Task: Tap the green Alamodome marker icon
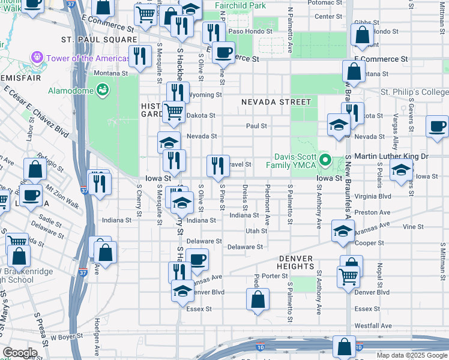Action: point(103,91)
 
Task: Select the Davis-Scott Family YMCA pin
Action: point(325,160)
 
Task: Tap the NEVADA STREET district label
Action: point(276,102)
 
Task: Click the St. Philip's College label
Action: point(415,92)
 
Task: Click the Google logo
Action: point(20,352)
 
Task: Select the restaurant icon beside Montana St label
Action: point(140,57)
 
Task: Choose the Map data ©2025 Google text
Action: point(411,355)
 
